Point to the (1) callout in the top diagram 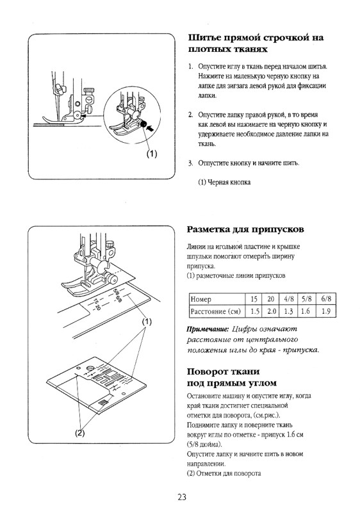151,154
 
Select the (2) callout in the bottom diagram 80,432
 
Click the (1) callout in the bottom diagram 147,321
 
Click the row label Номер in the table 200,299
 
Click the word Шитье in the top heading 205,37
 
